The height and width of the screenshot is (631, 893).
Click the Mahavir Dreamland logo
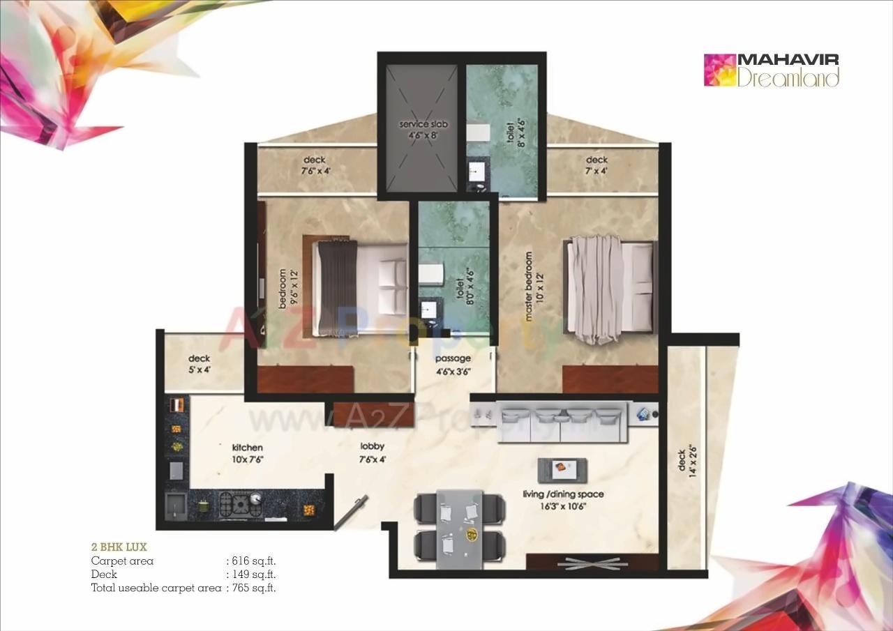(x=772, y=70)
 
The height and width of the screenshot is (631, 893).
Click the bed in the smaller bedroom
(x=356, y=287)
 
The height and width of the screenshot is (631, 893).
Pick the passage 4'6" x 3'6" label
(x=453, y=365)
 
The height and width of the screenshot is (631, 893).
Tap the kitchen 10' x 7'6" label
(x=248, y=453)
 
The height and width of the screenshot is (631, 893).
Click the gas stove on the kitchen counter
(x=240, y=503)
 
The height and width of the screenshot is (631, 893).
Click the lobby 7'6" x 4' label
(x=372, y=453)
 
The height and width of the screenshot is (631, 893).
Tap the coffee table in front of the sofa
(x=562, y=469)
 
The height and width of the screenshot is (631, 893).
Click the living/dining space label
(x=563, y=500)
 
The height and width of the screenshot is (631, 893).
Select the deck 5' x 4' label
(x=199, y=365)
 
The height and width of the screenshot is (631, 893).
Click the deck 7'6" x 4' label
(x=315, y=165)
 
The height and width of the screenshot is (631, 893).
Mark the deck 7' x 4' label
(x=596, y=165)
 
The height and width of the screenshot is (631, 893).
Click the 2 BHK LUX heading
(x=119, y=547)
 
